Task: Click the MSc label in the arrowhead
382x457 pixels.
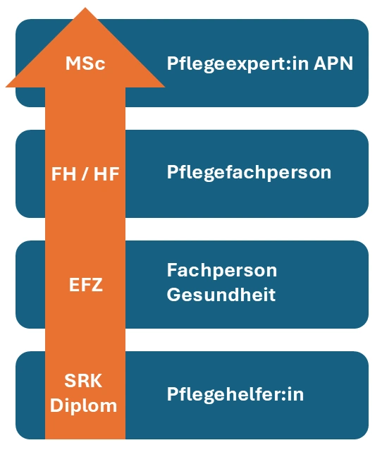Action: (x=85, y=63)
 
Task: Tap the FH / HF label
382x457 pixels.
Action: (x=85, y=174)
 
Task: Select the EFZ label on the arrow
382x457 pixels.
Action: (x=86, y=285)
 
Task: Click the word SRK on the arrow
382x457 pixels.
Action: (x=83, y=381)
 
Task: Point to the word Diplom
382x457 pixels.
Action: (x=84, y=406)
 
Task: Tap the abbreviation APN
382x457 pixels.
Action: (x=333, y=63)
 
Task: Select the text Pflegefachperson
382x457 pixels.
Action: (x=249, y=173)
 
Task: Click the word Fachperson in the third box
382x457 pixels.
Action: (x=222, y=271)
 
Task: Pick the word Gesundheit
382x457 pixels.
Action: (x=221, y=294)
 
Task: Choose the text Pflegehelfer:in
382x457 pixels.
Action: (x=235, y=394)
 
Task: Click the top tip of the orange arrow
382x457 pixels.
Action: (x=85, y=8)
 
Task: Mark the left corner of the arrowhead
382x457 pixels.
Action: (x=6, y=87)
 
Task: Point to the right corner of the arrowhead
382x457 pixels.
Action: (x=165, y=87)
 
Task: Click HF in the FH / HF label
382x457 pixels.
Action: (x=106, y=174)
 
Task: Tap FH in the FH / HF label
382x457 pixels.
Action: (x=63, y=174)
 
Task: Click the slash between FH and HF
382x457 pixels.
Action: (x=85, y=174)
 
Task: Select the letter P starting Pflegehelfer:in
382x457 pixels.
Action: (x=172, y=394)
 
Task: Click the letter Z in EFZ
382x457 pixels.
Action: (x=97, y=285)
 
